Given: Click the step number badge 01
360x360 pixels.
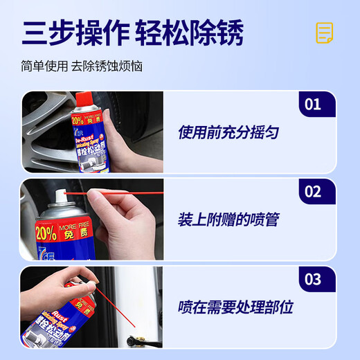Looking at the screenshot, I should [x=312, y=105].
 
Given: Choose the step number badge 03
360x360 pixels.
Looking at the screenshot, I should [x=312, y=280].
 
